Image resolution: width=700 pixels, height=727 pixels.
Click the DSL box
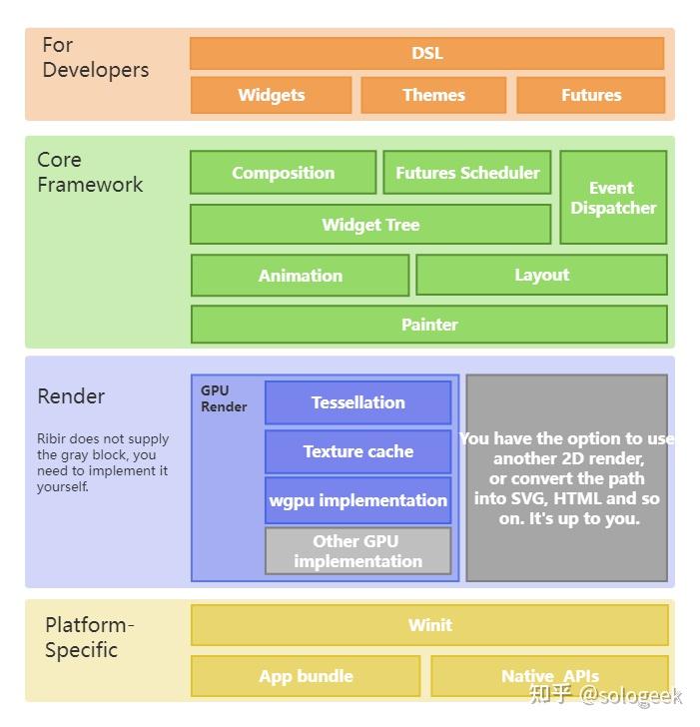coord(426,53)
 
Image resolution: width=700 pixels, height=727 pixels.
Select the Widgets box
coord(271,95)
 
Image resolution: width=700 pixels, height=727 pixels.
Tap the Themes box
coord(433,95)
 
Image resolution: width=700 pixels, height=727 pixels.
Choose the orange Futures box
coord(590,95)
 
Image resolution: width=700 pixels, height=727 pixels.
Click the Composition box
coord(283,173)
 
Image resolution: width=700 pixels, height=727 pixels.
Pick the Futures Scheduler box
coord(466,173)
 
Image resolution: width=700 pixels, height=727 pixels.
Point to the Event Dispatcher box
coord(613,198)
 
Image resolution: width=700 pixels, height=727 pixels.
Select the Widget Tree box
coord(369,225)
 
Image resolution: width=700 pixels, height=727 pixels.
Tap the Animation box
coord(300,276)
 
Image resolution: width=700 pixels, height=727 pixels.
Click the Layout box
coord(541,275)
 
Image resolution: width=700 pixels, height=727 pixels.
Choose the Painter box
coord(428,325)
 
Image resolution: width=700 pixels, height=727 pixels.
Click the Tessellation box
coord(357,402)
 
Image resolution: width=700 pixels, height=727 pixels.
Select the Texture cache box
coord(357,451)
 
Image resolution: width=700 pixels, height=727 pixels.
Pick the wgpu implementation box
coord(357,500)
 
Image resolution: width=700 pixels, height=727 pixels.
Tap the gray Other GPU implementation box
coord(357,551)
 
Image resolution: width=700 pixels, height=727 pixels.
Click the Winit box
coord(429,625)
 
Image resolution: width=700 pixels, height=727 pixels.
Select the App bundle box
coord(306,676)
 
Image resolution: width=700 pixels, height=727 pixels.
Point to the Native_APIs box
coord(548,676)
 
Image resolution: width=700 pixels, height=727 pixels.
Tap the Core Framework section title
coord(90,172)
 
